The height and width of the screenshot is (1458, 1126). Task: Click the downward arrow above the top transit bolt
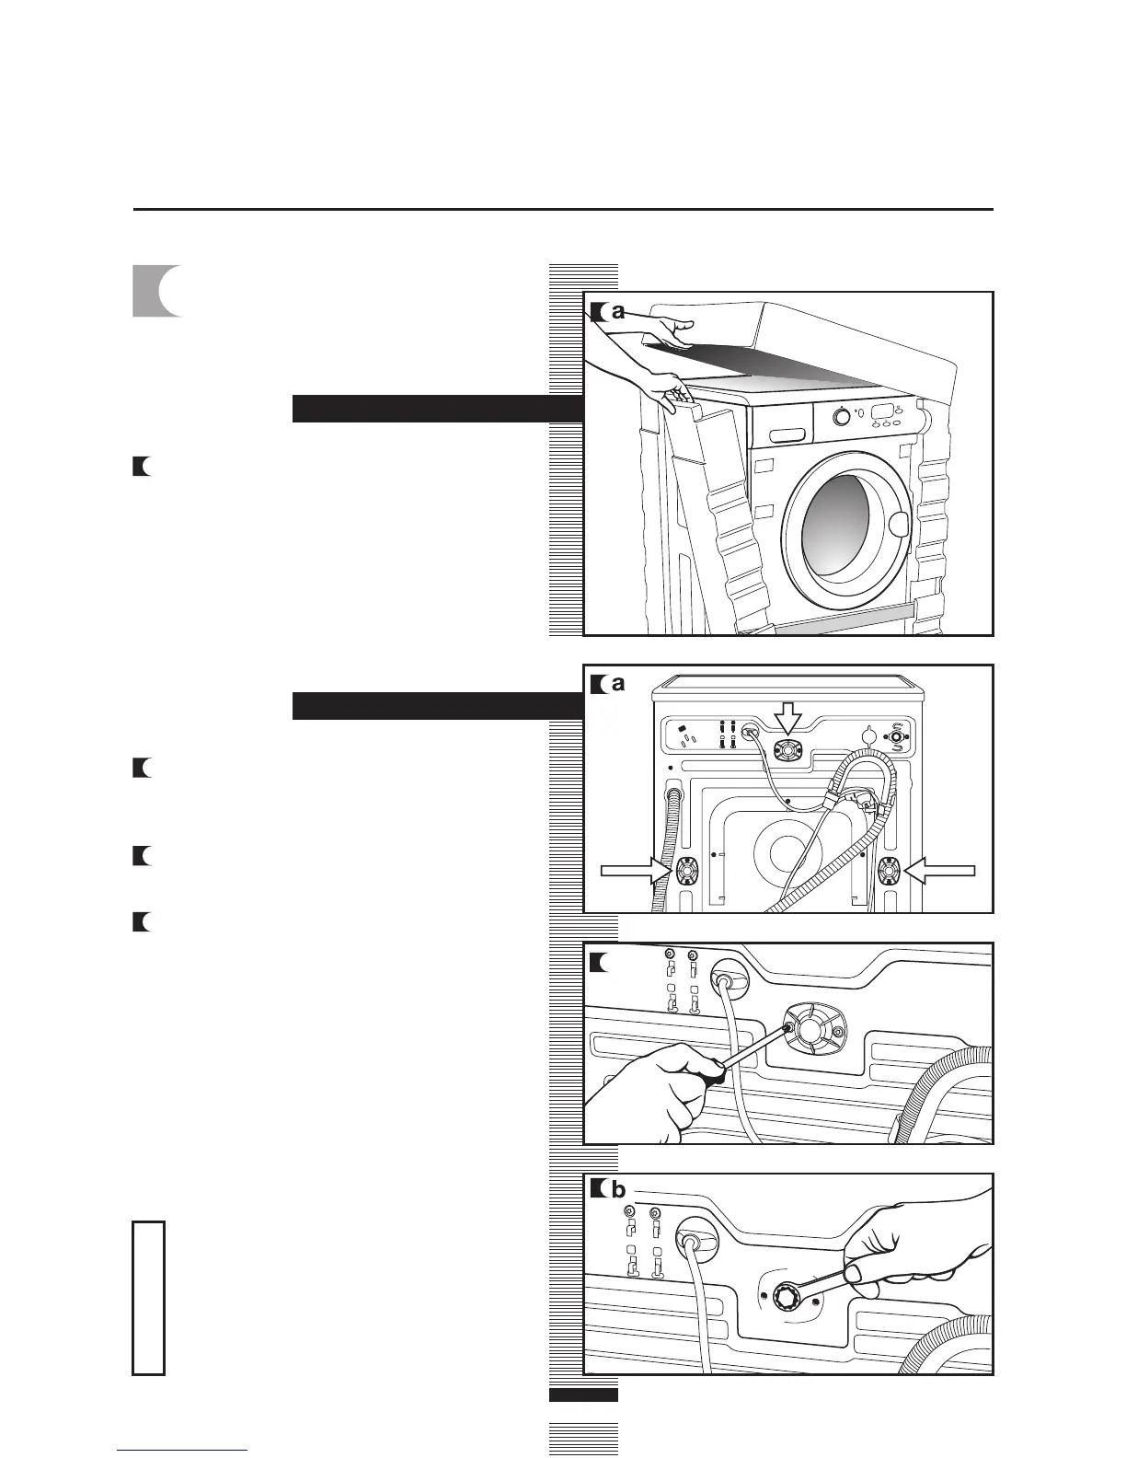tap(788, 717)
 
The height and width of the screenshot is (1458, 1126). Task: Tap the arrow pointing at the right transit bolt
tap(940, 870)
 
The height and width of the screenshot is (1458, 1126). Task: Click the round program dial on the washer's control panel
tap(841, 417)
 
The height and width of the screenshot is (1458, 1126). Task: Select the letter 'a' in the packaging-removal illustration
tap(618, 312)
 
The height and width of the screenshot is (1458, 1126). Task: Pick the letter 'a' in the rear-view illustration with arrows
tap(618, 684)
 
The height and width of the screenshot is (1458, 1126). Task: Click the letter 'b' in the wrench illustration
tap(618, 1191)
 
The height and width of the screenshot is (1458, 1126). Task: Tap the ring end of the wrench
tap(790, 1299)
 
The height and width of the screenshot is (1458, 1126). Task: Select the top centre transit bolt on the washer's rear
tap(788, 750)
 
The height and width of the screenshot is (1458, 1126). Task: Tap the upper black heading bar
tap(438, 409)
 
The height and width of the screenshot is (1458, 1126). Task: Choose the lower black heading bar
tap(438, 706)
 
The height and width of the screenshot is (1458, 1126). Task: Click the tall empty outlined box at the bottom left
tap(149, 1298)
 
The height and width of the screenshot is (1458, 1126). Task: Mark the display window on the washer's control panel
tap(883, 411)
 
